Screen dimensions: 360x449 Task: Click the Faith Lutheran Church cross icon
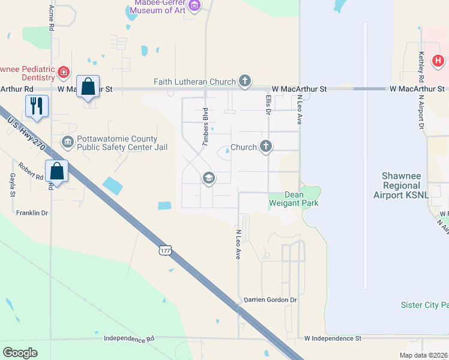[x=244, y=81]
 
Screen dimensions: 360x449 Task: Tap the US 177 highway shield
[x=167, y=249]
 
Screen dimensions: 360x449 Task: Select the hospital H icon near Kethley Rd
[x=438, y=61]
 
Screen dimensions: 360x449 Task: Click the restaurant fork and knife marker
[x=37, y=106]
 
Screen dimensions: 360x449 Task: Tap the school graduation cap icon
[x=208, y=177]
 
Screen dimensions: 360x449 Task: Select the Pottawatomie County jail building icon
[x=67, y=142]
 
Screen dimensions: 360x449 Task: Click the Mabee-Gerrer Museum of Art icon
[x=194, y=6]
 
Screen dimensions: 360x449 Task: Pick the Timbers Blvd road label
[x=205, y=127]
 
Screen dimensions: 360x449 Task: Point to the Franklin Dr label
[x=32, y=212]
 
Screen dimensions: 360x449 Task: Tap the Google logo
[x=20, y=353]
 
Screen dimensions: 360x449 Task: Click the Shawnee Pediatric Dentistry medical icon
[x=64, y=73]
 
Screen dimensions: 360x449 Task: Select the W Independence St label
[x=333, y=338]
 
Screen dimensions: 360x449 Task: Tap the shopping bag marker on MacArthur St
[x=88, y=86]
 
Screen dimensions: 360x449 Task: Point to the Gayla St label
[x=12, y=185]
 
